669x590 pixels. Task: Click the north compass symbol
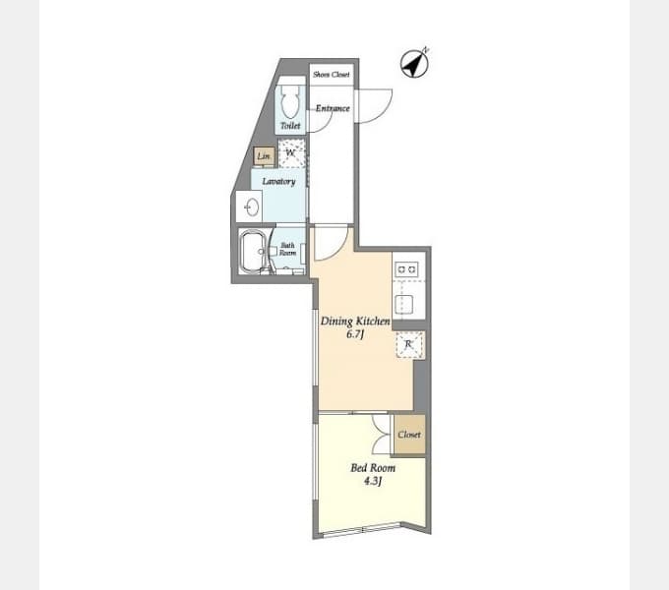(x=414, y=64)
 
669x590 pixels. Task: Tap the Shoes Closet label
(x=332, y=75)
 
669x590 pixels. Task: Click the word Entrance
(x=333, y=108)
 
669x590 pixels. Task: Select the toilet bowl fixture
(x=291, y=101)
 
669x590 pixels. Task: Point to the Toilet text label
(x=290, y=126)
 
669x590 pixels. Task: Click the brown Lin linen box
(x=264, y=156)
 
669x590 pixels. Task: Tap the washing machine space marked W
(x=291, y=153)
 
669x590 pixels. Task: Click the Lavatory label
(x=278, y=182)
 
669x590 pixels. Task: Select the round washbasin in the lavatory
(x=252, y=207)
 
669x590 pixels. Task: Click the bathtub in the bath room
(x=254, y=252)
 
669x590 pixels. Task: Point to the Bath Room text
(x=287, y=249)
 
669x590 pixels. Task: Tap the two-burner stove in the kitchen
(x=405, y=269)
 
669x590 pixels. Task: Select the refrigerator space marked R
(x=409, y=344)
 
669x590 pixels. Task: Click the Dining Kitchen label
(x=355, y=321)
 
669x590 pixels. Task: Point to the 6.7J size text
(x=355, y=334)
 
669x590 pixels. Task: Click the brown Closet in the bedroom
(x=409, y=435)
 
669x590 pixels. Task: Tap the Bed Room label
(x=373, y=468)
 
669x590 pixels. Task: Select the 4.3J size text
(x=373, y=481)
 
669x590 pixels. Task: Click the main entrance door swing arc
(x=383, y=112)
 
